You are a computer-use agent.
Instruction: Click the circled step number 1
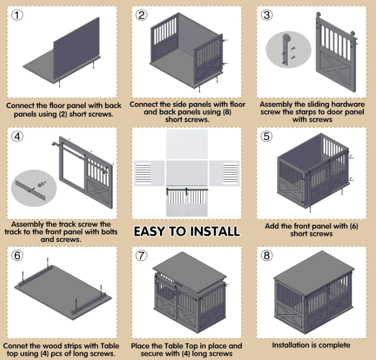coord(17,15)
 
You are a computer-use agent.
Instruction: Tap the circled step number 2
coord(141,15)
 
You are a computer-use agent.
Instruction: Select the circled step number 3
coord(267,15)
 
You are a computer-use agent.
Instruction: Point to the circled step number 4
coord(17,136)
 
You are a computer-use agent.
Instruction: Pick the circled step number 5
coord(267,136)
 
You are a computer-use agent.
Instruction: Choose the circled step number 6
coord(17,255)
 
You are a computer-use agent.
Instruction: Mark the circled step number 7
coord(141,255)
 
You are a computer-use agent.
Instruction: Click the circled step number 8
coord(267,255)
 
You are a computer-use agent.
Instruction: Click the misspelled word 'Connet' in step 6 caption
coord(14,346)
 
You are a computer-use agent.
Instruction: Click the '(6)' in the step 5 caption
coord(354,226)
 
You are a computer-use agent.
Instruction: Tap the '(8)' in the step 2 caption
coord(226,112)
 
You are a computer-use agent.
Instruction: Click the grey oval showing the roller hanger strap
coord(288,50)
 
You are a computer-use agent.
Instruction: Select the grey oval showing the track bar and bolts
coord(34,188)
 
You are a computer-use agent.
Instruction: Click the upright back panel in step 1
coord(76,48)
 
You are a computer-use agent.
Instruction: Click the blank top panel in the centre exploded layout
coord(187,144)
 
